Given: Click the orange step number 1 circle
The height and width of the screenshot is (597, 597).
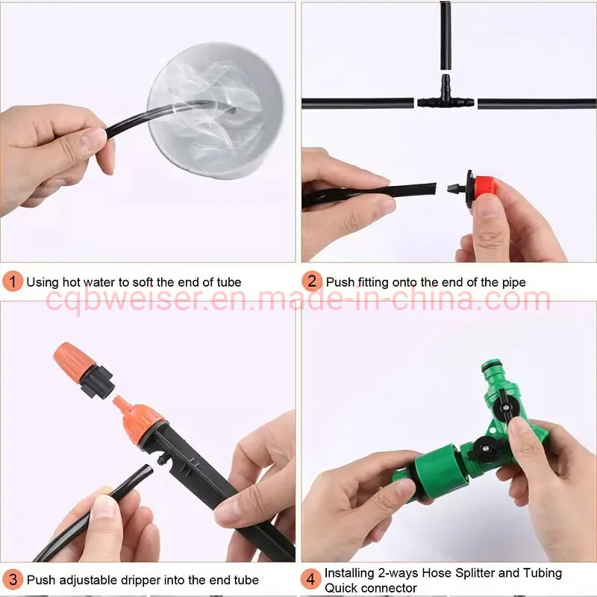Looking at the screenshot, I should (x=13, y=282).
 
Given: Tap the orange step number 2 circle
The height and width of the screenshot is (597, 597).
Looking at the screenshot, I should (x=312, y=282).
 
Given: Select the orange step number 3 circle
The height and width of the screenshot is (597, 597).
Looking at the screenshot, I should (x=13, y=579).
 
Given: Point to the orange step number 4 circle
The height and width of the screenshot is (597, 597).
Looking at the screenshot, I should (x=312, y=579).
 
